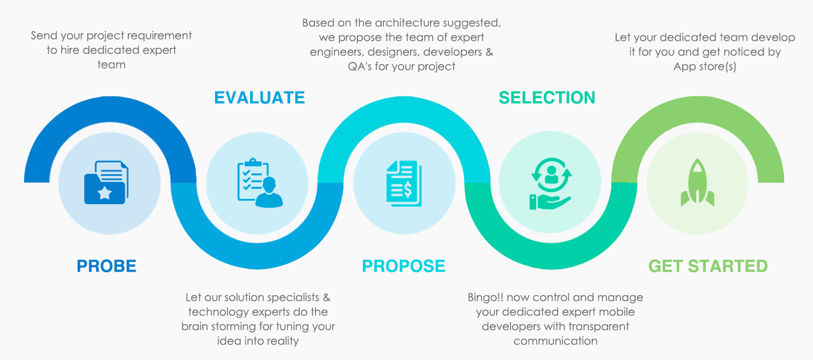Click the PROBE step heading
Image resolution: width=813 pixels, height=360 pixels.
pyautogui.click(x=106, y=266)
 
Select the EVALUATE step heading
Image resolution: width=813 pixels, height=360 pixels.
pyautogui.click(x=259, y=98)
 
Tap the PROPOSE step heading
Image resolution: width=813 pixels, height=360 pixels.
pyautogui.click(x=403, y=266)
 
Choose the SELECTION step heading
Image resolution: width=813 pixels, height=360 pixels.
pyautogui.click(x=546, y=98)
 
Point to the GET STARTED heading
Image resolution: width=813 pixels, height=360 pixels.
pyautogui.click(x=708, y=266)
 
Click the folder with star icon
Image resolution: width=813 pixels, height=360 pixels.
pyautogui.click(x=106, y=182)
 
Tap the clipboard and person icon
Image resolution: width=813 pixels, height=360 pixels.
pyautogui.click(x=259, y=182)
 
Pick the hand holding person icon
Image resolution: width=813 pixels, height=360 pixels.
pyautogui.click(x=550, y=182)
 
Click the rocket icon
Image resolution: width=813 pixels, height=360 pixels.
pyautogui.click(x=697, y=182)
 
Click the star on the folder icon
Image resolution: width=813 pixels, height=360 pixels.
pyautogui.click(x=105, y=193)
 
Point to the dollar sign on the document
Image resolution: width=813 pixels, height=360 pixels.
pyautogui.click(x=408, y=190)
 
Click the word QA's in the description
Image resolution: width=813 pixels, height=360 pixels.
pyautogui.click(x=356, y=66)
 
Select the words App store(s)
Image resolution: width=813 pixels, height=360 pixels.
pyautogui.click(x=705, y=66)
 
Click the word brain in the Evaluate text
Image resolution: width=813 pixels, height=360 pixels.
pyautogui.click(x=196, y=327)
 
